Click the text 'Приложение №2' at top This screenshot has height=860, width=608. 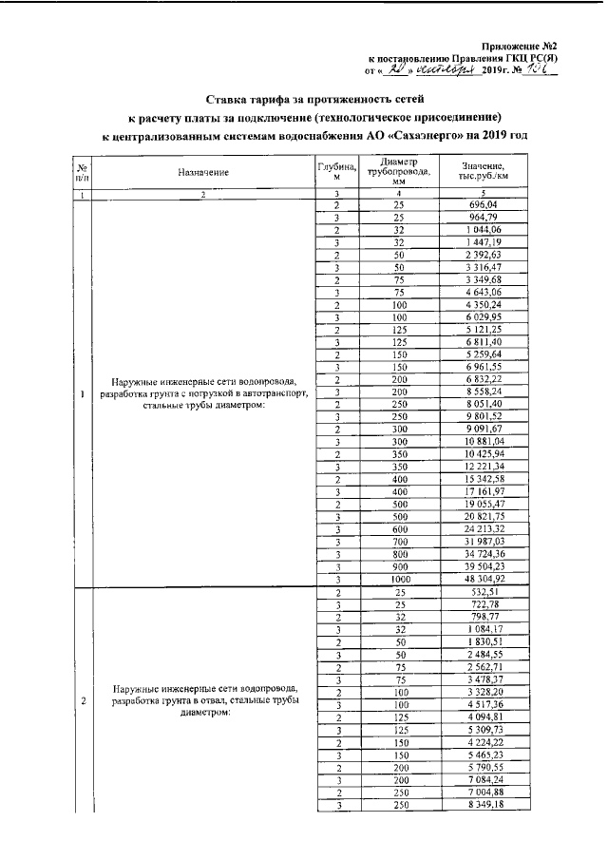[519, 46]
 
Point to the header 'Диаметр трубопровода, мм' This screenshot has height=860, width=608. [398, 172]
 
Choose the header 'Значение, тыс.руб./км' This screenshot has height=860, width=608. [490, 172]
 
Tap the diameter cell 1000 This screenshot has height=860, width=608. [398, 578]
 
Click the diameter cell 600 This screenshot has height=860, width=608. [398, 526]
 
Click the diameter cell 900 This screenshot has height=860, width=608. [398, 564]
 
